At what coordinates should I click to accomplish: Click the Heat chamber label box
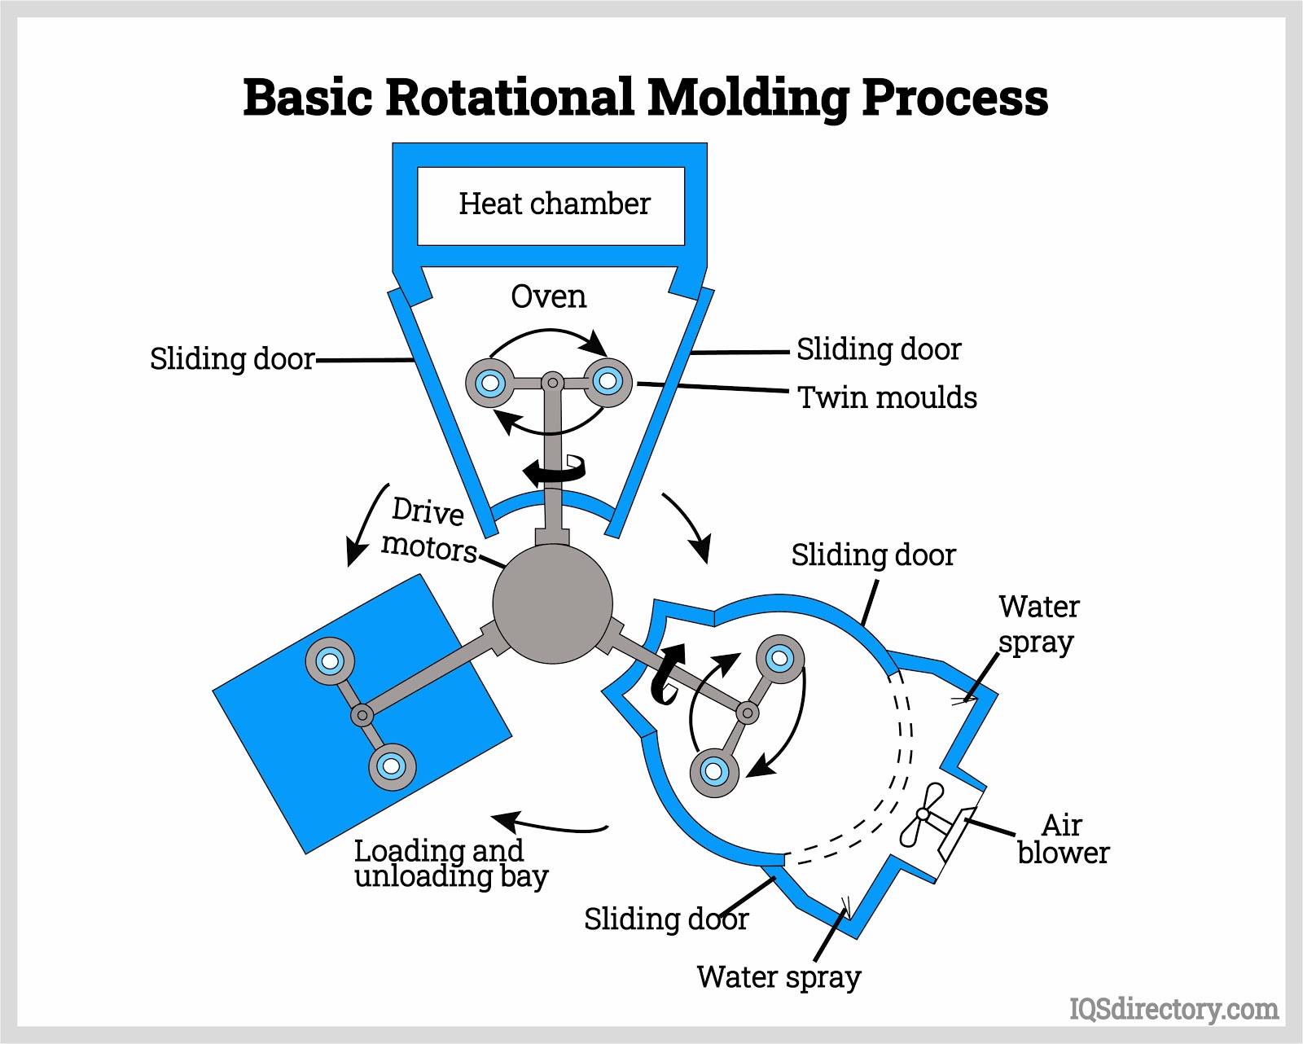tap(551, 205)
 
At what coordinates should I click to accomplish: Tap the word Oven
tap(548, 296)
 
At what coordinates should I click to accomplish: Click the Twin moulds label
tap(887, 397)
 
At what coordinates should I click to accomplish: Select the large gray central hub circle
tap(552, 603)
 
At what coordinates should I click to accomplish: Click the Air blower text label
tap(1063, 839)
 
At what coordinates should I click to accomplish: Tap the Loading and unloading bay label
tap(450, 863)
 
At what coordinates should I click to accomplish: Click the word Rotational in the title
tap(510, 97)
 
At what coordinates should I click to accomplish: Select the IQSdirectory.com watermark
tap(1174, 1009)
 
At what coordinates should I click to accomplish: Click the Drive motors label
tap(428, 529)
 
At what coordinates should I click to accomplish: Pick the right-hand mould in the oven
tap(608, 380)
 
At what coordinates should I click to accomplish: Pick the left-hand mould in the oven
tap(490, 382)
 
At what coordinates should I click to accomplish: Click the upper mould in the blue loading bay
tap(330, 660)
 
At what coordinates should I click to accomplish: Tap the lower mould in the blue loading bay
tap(392, 766)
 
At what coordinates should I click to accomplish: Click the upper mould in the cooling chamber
tap(780, 658)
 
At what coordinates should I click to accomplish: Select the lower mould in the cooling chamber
tap(714, 771)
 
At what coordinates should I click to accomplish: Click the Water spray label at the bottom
tap(779, 976)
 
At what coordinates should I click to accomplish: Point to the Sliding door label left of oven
tap(232, 359)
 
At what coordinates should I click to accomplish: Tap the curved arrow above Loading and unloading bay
tap(550, 824)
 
